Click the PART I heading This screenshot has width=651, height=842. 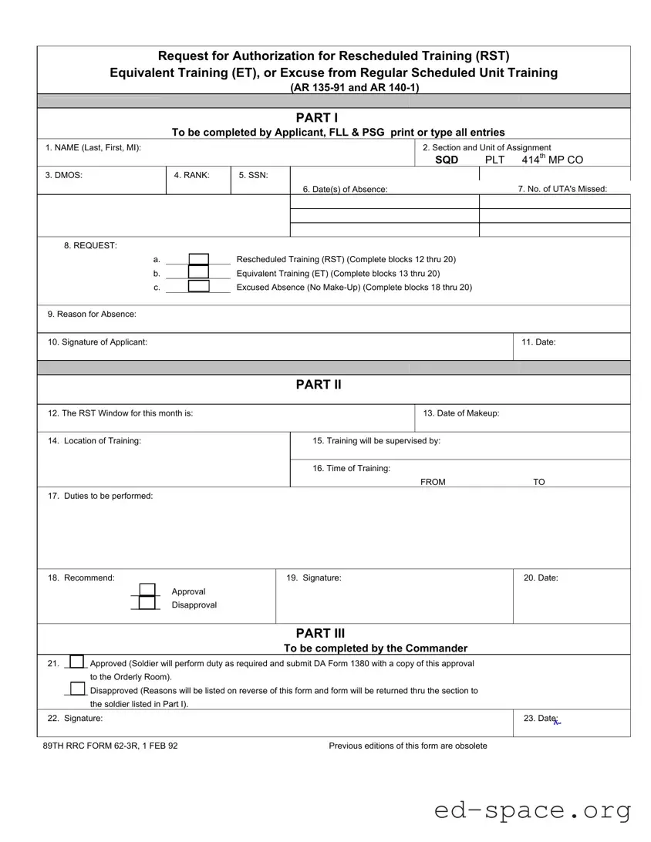(317, 117)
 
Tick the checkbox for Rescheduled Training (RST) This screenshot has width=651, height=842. (198, 259)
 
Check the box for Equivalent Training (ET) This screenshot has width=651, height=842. (198, 273)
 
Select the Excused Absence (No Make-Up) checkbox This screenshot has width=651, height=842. (198, 287)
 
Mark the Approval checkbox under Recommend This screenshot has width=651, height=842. (147, 591)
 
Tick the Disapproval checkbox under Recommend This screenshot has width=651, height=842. (147, 605)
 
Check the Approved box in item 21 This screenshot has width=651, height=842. (76, 662)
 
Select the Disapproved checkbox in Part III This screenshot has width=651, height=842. (76, 689)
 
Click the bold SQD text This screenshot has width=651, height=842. (447, 160)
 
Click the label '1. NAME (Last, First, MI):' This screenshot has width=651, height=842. (93, 147)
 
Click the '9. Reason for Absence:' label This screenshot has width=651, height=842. (92, 314)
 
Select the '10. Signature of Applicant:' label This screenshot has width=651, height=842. (98, 342)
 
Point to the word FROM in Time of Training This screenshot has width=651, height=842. (433, 482)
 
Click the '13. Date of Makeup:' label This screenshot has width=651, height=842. (461, 413)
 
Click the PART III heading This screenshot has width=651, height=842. (320, 634)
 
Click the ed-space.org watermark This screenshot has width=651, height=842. (532, 810)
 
